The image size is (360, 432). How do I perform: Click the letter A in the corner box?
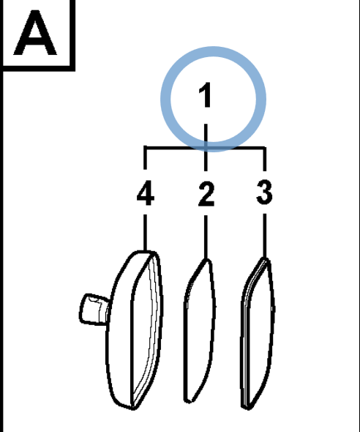(35, 32)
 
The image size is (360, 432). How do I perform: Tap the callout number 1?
(205, 94)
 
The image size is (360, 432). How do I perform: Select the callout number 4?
(146, 193)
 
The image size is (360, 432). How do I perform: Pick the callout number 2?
(206, 194)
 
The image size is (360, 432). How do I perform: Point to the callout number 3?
(264, 192)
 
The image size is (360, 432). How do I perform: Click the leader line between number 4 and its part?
(146, 233)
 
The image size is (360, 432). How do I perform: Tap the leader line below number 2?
(206, 237)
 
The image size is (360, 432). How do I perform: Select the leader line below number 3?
(264, 236)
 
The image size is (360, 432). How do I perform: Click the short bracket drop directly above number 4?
(146, 158)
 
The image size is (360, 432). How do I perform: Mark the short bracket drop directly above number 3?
(264, 159)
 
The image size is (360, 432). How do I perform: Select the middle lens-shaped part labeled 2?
(199, 331)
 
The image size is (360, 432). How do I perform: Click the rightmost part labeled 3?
(258, 333)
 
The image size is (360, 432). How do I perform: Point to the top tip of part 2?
(207, 259)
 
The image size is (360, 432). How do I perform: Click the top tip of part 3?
(265, 258)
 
